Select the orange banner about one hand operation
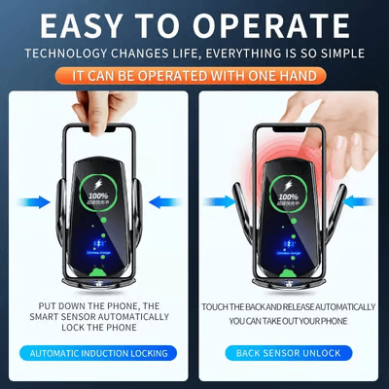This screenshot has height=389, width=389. pyautogui.click(x=194, y=75)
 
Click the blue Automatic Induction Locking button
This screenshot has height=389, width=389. pyautogui.click(x=98, y=353)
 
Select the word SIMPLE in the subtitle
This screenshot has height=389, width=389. pyautogui.click(x=339, y=53)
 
